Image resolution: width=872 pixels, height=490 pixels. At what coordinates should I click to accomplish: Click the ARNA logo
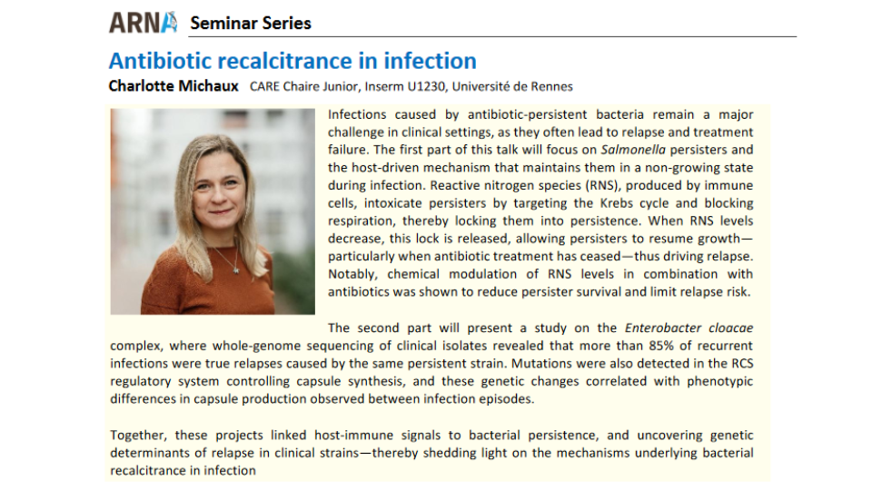click(x=144, y=22)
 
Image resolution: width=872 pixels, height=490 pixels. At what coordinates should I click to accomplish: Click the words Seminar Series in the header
click(x=251, y=23)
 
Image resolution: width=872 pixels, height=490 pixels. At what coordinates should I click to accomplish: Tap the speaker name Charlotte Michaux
click(x=173, y=86)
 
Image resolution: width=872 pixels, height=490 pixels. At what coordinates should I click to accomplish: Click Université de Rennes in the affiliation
click(x=512, y=87)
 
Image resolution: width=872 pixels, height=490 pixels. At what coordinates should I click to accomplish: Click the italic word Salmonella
click(x=633, y=150)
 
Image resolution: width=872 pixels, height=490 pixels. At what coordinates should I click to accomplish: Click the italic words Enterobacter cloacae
click(x=689, y=328)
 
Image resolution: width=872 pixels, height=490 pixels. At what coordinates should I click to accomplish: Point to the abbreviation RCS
click(x=741, y=363)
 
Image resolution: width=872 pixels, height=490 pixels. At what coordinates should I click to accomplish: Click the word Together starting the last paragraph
click(x=138, y=435)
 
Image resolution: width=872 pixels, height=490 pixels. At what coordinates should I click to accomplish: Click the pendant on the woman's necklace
click(x=236, y=270)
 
